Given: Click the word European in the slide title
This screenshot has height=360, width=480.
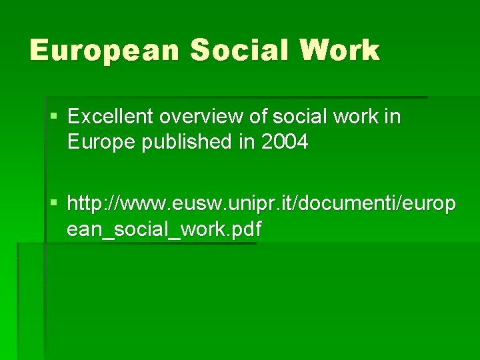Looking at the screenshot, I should pyautogui.click(x=104, y=51).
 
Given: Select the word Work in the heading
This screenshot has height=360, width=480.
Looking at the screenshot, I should pyautogui.click(x=341, y=51).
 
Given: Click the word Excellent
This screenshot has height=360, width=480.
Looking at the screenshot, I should pyautogui.click(x=111, y=117).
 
